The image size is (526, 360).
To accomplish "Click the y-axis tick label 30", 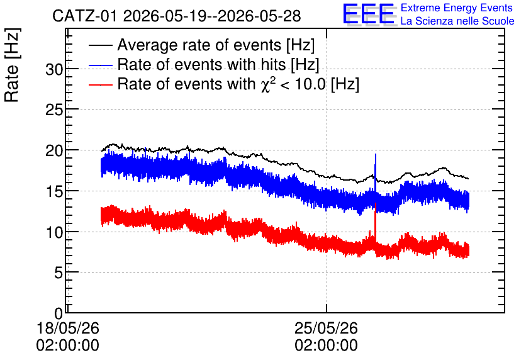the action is (x=54, y=70).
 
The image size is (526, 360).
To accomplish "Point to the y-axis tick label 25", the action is (x=54, y=110).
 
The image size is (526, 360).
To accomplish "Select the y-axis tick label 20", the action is (x=54, y=151).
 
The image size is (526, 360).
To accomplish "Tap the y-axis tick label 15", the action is (x=54, y=191).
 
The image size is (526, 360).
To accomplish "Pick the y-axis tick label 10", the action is (x=54, y=232).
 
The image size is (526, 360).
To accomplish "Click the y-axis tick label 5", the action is (x=59, y=273).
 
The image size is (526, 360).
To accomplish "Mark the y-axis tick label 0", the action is (x=59, y=313).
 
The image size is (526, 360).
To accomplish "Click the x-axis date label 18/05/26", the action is (x=68, y=328).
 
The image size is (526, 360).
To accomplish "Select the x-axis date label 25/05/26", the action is (x=327, y=328).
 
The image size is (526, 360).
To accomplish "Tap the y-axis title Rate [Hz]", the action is (x=12, y=65).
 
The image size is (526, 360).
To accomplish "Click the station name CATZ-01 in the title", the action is (x=85, y=16).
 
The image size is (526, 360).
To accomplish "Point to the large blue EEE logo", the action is (x=369, y=14).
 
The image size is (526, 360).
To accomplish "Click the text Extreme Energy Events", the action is (x=457, y=8).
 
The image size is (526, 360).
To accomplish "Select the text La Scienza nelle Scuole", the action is (x=457, y=21).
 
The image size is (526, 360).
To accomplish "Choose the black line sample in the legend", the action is (x=101, y=45).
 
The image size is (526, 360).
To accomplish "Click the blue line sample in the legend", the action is (x=101, y=65).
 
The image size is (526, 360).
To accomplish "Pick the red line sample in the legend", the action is (x=101, y=84).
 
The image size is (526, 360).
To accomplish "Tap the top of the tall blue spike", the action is (x=376, y=154).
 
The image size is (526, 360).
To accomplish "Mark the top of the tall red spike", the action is (x=376, y=203).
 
